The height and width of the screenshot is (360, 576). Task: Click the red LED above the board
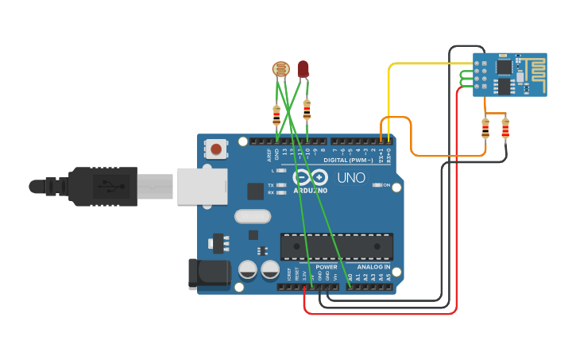point(303,69)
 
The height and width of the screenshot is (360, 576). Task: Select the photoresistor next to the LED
point(280,69)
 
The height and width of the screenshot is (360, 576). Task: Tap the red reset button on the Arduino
point(215,148)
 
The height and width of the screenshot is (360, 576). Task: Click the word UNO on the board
point(350,177)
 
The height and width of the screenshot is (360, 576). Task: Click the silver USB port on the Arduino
point(198,186)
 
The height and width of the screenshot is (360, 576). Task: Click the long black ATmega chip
point(336,246)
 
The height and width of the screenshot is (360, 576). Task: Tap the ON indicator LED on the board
point(377,185)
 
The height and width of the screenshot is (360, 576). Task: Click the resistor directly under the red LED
point(307,109)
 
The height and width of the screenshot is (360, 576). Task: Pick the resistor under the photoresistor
point(276,115)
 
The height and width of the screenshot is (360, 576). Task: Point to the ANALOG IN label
point(373,267)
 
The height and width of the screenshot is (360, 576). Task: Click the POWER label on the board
point(326,267)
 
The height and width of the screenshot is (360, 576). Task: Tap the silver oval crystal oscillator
point(252,215)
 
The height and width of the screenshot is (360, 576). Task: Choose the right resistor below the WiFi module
point(505,128)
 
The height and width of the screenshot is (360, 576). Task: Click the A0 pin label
point(350,277)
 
